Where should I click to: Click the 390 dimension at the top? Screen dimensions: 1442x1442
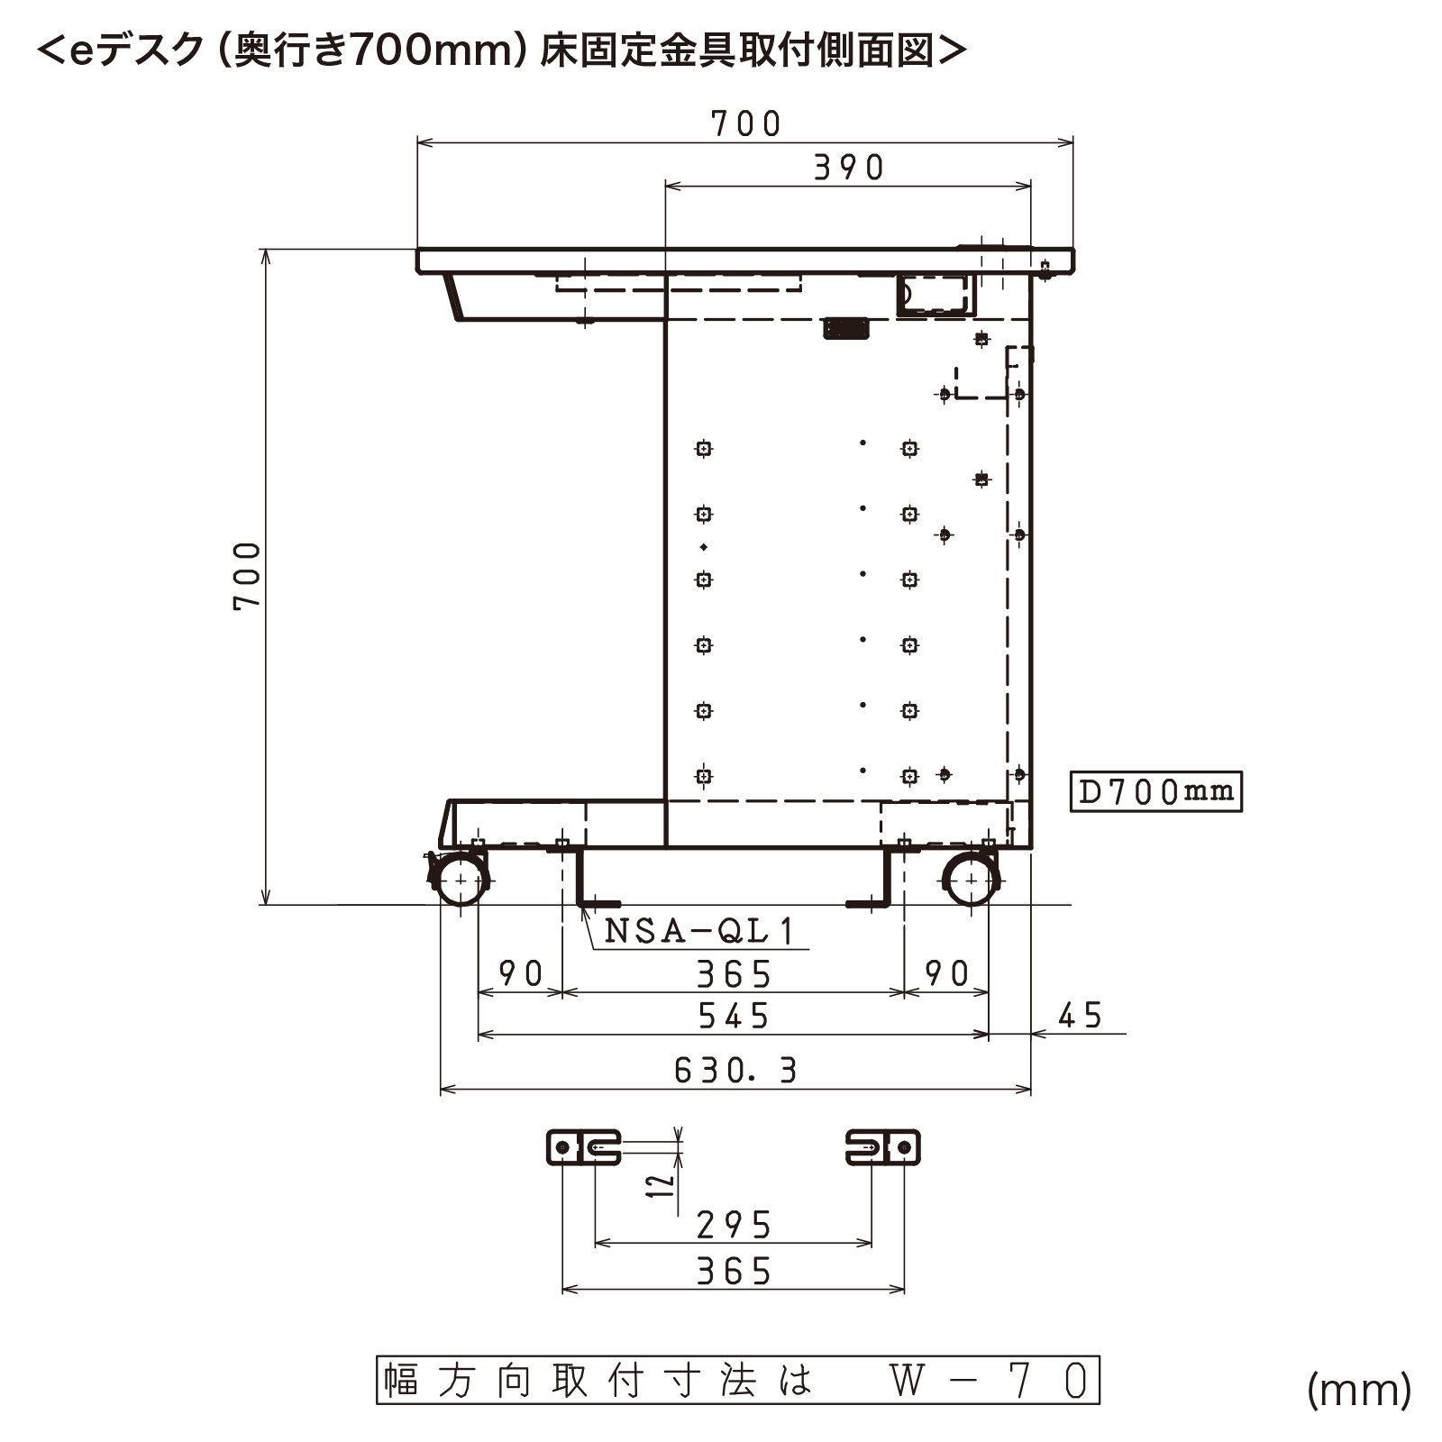[849, 168]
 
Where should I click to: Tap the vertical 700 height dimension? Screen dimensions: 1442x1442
[247, 577]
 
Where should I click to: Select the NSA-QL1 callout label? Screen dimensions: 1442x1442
[699, 930]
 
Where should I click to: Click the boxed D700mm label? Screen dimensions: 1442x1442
[1155, 791]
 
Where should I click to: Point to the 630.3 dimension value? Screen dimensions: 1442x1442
[735, 1070]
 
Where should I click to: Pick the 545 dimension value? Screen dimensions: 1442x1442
[734, 1017]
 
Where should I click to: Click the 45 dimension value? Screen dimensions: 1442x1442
[1080, 1016]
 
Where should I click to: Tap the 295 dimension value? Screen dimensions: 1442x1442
[735, 1225]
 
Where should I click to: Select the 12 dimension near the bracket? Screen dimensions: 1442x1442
[662, 1184]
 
